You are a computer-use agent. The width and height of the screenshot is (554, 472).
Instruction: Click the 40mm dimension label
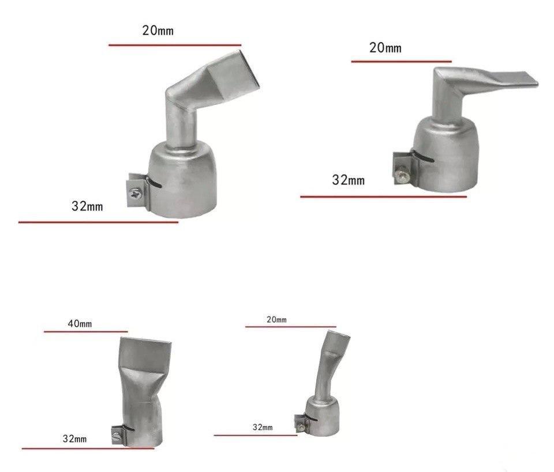tap(80, 323)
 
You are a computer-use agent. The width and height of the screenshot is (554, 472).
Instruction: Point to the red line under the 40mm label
tap(86, 331)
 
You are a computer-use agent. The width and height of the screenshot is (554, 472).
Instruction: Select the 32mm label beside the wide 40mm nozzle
tap(74, 439)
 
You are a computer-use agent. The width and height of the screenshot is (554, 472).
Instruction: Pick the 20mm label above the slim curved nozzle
tap(276, 320)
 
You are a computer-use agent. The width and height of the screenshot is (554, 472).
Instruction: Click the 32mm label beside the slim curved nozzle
tap(263, 427)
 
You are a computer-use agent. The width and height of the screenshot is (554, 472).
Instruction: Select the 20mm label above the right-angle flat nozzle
tap(385, 48)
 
